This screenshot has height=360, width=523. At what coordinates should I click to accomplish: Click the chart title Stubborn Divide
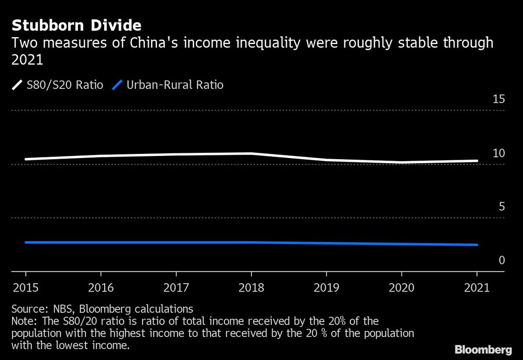click(77, 25)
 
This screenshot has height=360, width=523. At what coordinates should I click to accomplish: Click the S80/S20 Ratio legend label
click(65, 85)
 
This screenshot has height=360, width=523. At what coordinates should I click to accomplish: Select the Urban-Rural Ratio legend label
click(175, 85)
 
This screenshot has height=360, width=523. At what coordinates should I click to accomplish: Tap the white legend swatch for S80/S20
click(17, 85)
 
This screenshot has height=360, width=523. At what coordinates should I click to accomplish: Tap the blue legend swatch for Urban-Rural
click(118, 85)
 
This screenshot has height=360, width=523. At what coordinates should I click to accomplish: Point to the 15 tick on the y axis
click(498, 99)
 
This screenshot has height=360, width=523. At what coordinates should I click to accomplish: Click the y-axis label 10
click(498, 153)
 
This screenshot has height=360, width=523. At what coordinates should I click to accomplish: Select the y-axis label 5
click(502, 207)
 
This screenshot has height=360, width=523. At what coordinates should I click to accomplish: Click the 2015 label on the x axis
click(26, 288)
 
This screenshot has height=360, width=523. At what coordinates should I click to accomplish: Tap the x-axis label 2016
click(101, 288)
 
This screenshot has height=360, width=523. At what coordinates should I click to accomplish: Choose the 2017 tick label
click(176, 288)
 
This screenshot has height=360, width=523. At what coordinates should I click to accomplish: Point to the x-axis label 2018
click(252, 288)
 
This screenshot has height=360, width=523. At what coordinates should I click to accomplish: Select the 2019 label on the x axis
click(326, 288)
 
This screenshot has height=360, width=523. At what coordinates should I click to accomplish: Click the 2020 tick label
click(402, 288)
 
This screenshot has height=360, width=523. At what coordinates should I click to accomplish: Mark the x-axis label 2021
click(476, 288)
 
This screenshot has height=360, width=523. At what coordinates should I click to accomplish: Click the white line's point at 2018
click(252, 153)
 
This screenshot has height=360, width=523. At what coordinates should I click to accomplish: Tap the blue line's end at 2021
click(476, 245)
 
